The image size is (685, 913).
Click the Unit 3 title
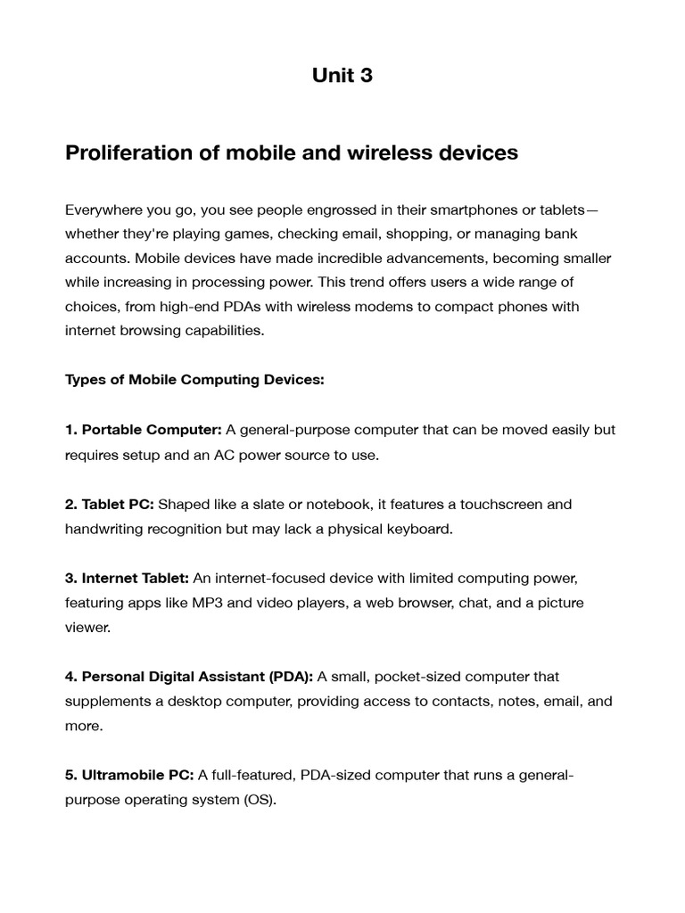tap(342, 76)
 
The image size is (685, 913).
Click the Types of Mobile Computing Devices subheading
tap(194, 380)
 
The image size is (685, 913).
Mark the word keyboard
tap(418, 529)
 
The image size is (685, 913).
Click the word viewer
tap(87, 628)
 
